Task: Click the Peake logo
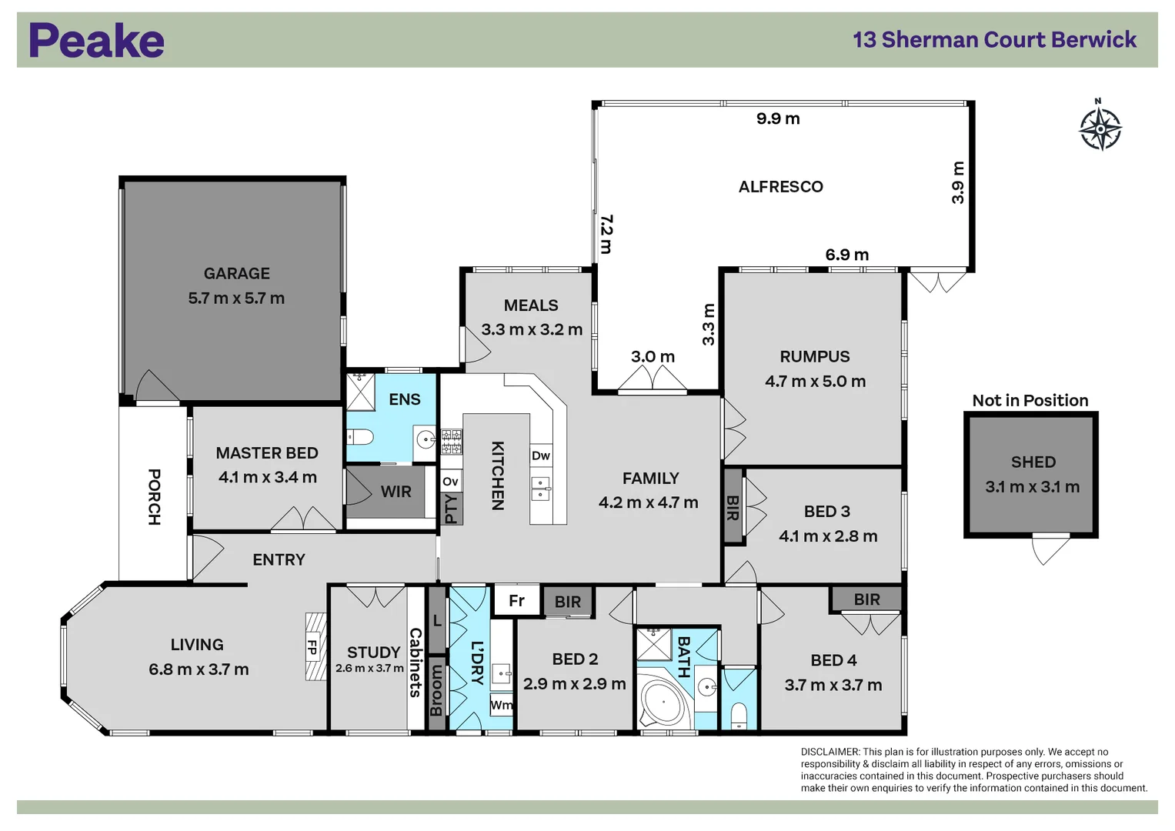click(96, 40)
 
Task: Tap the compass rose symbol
click(1100, 128)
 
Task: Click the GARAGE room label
click(236, 273)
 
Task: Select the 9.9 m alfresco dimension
click(778, 118)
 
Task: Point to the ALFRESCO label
click(780, 187)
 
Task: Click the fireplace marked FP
click(315, 646)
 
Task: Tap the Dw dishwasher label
click(541, 456)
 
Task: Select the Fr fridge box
click(516, 600)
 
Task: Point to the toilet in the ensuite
click(361, 436)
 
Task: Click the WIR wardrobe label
click(396, 492)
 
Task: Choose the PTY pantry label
click(452, 509)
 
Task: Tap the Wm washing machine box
click(501, 705)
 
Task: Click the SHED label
click(1033, 462)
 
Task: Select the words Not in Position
click(1030, 400)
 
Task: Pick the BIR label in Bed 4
click(866, 599)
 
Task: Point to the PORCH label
click(154, 497)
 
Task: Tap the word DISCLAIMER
click(830, 752)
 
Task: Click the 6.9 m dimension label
click(846, 255)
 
